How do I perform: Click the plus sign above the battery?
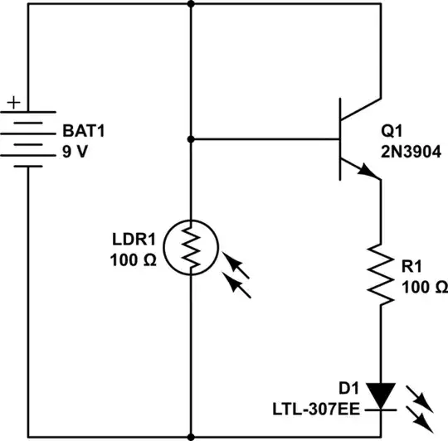[x=14, y=104]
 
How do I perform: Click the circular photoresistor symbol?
[x=191, y=246]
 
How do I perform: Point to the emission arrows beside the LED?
[x=421, y=405]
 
